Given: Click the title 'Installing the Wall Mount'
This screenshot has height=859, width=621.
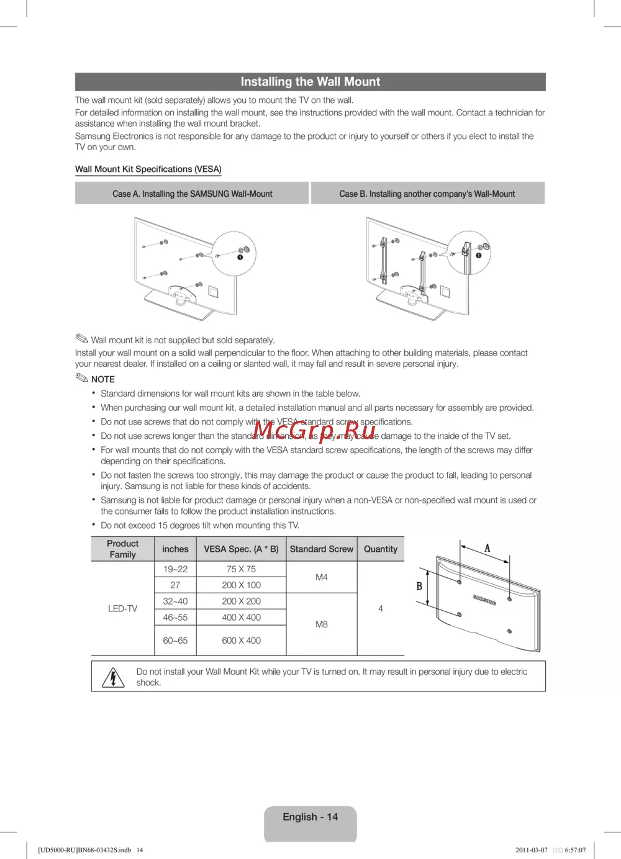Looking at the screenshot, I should pos(310,82).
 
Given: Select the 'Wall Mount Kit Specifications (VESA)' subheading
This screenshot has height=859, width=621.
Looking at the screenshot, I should pos(148,169).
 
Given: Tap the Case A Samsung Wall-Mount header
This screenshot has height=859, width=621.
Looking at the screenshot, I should pos(192,194).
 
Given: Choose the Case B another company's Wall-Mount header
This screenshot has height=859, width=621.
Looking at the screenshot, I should pos(427,194).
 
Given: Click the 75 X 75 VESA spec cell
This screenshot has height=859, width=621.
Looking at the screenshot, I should pos(241,569).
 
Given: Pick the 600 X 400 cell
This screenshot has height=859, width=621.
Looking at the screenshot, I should pos(241,641).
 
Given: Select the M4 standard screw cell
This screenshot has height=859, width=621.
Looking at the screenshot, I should pos(321,577).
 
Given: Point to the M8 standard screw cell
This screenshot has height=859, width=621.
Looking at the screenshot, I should pos(321,624).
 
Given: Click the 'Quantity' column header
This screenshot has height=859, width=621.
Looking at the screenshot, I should pos(380,549).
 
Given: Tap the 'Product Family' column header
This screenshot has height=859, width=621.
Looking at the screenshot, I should pos(122,549).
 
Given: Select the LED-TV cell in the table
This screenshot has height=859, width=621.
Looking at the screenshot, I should pos(122,609).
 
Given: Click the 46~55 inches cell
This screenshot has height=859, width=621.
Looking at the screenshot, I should pos(175,618).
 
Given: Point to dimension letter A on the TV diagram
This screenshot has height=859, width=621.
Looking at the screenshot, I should pos(487,548).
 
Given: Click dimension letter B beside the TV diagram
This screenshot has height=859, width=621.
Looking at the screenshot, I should pos(419,586).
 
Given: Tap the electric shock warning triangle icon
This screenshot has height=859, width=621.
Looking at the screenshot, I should pos(113,677).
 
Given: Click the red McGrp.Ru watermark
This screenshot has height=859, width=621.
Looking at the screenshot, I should pos(314,429).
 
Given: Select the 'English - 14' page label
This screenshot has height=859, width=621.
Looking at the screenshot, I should pos(310,817).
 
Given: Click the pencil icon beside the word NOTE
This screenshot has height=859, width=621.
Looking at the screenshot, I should pos(82,378).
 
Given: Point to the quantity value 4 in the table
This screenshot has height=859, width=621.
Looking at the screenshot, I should pos(380,609).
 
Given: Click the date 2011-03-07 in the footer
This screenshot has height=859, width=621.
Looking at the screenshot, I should pos(532,850).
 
